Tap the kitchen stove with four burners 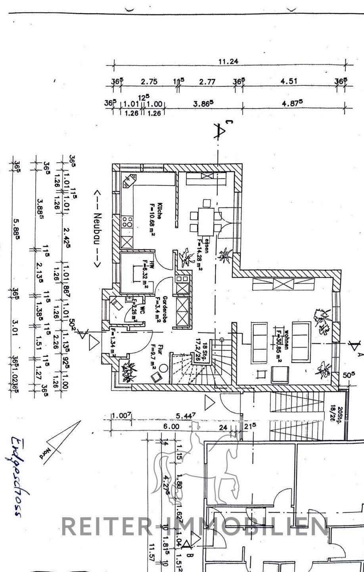coord(128,221)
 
